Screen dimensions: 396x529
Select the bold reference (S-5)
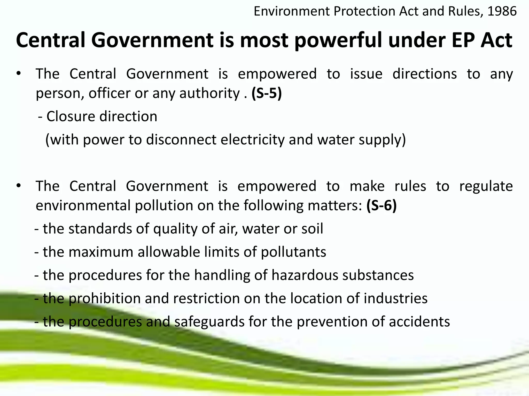coord(267,93)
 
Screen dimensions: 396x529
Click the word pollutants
coord(293,252)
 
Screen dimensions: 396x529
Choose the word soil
coord(313,229)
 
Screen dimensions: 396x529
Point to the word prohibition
coord(104,298)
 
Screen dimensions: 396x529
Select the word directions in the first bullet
coord(425,74)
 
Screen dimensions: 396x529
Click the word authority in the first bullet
coord(209,93)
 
